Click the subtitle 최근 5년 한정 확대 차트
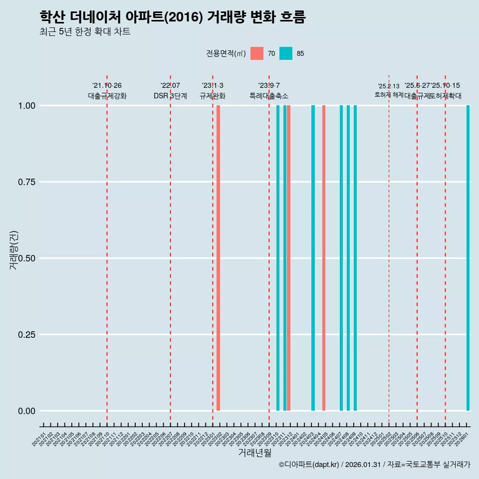click(x=85, y=32)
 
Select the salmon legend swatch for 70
click(x=257, y=53)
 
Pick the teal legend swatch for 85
click(x=286, y=53)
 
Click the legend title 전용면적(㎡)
click(x=226, y=53)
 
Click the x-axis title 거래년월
click(x=254, y=453)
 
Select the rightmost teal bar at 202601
click(x=468, y=257)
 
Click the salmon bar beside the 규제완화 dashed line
click(x=219, y=257)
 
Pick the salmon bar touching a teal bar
click(x=289, y=257)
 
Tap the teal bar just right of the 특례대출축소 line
click(x=278, y=257)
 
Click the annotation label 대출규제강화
click(x=107, y=96)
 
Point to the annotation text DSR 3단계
click(x=170, y=96)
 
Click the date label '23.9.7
click(x=269, y=85)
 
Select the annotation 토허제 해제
click(x=389, y=94)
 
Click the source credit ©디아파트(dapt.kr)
click(x=309, y=465)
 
